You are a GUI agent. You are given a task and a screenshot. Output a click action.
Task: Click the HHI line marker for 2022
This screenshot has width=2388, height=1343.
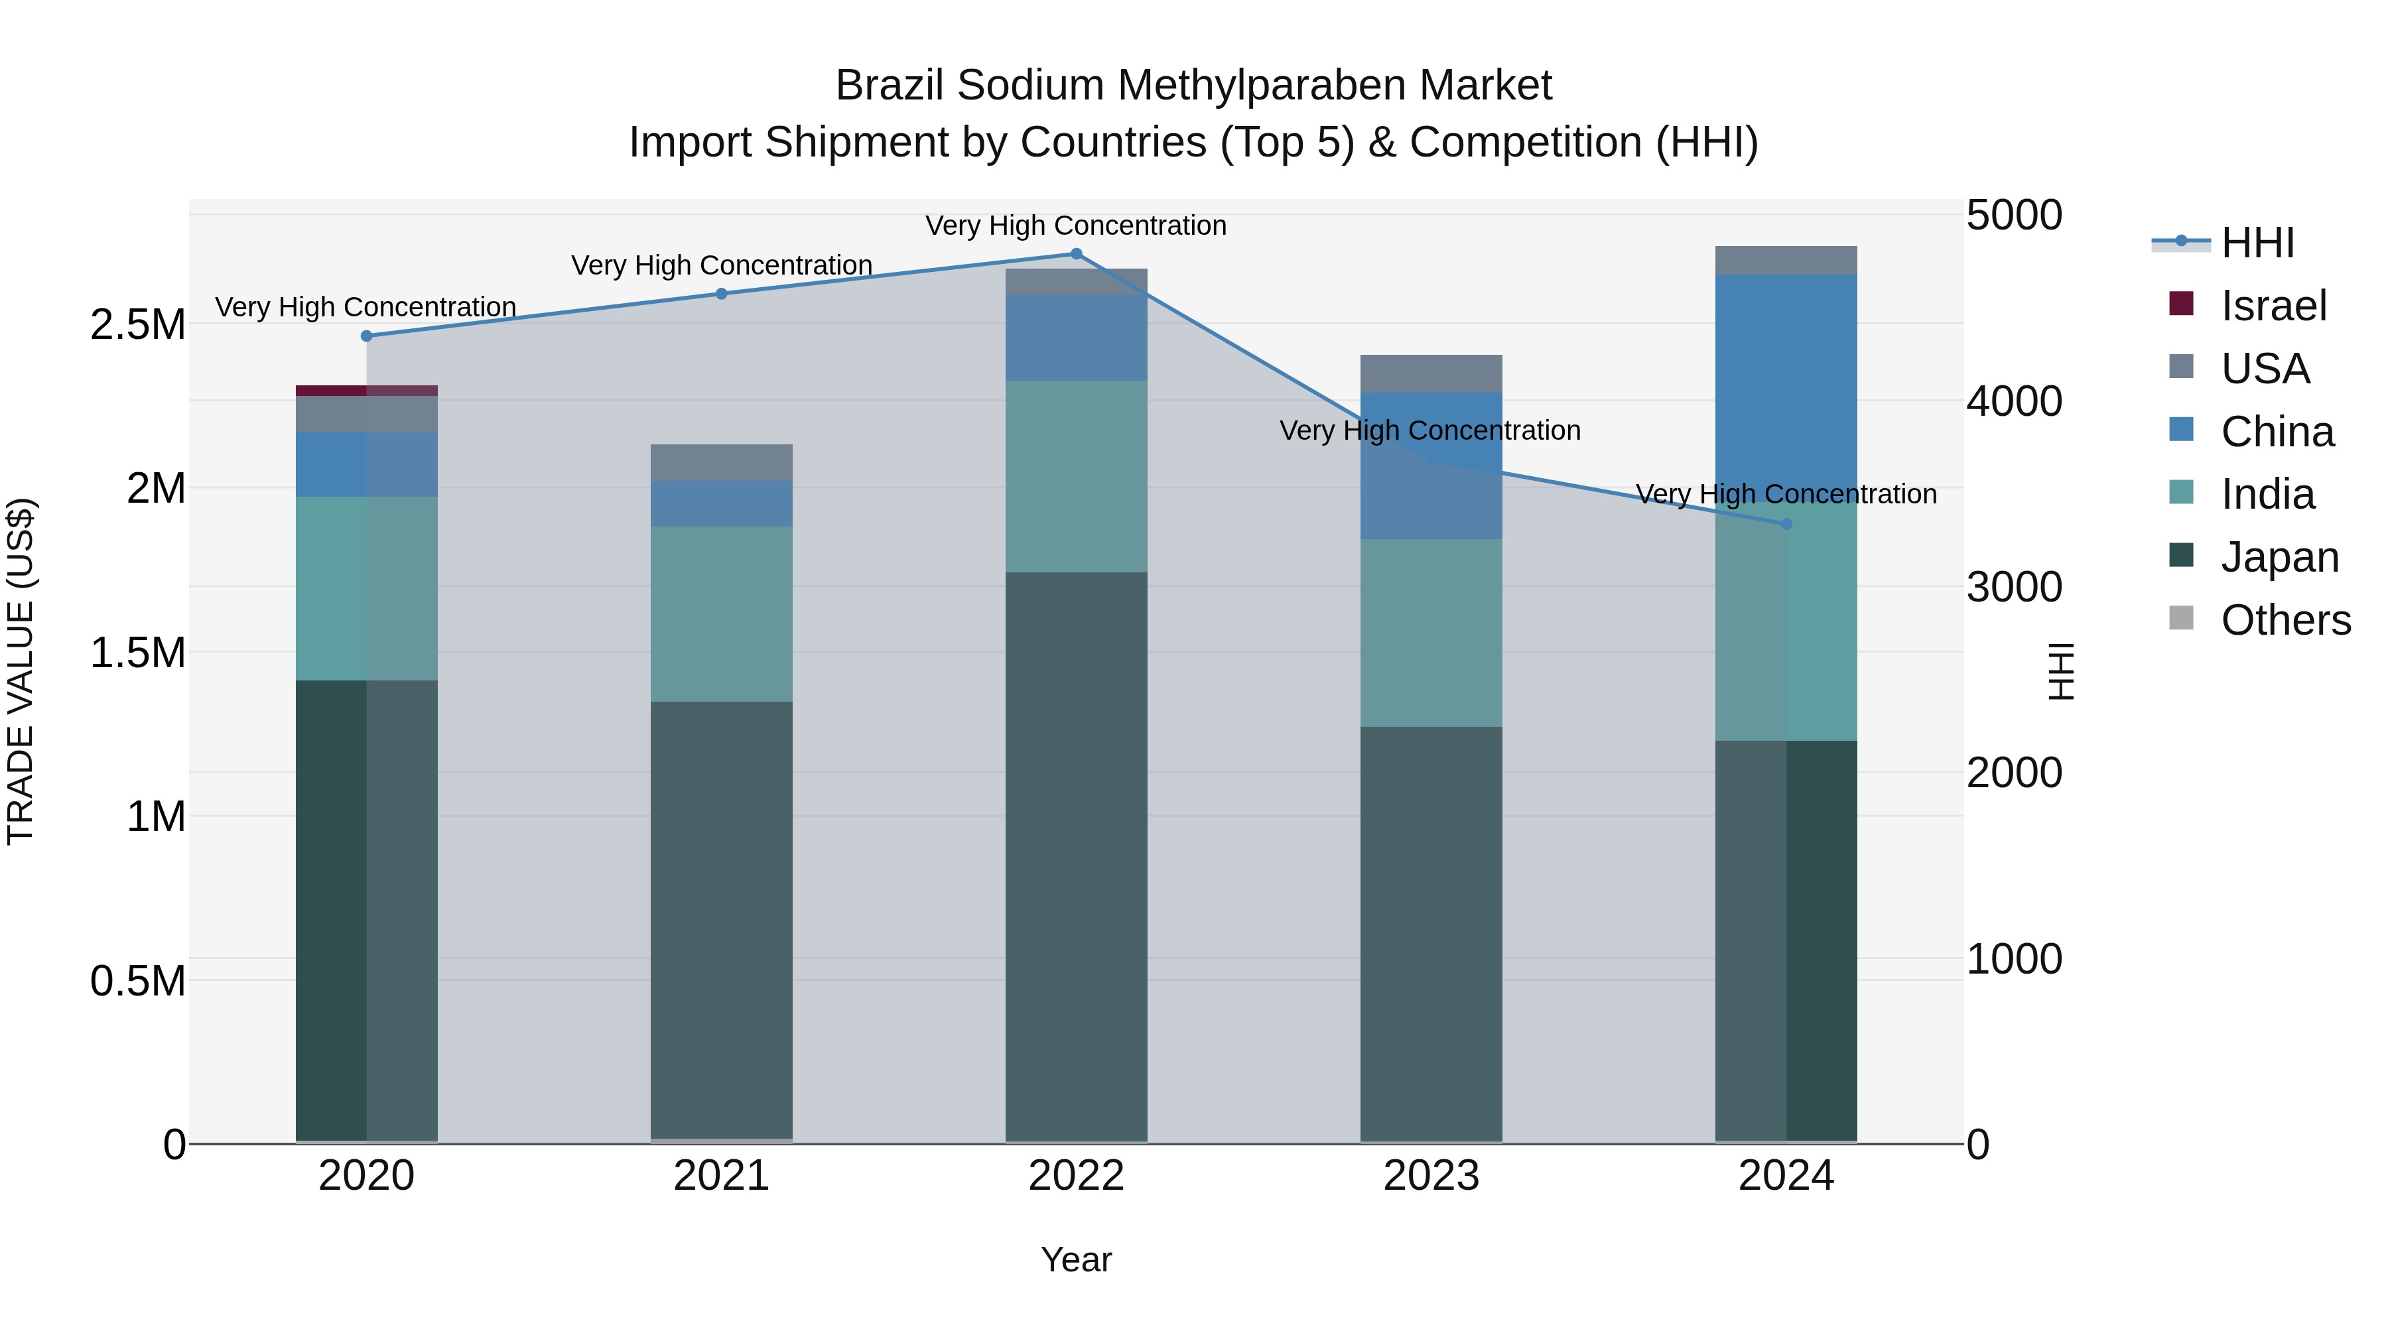[1077, 254]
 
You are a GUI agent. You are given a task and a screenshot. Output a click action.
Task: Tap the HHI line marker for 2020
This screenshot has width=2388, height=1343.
[366, 336]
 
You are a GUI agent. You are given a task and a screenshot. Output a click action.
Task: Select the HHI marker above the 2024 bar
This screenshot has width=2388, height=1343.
[1786, 525]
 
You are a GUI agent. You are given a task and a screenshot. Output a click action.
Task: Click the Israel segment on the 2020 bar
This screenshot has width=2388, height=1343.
[366, 390]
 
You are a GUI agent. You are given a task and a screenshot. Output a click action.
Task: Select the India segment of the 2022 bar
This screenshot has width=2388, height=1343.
[1077, 476]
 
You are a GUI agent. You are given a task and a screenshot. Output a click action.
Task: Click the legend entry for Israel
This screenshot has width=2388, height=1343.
[2273, 306]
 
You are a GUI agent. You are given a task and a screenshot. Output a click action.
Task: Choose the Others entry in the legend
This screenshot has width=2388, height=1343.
[2285, 620]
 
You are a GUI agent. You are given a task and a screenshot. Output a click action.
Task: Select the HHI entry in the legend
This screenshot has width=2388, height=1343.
[2257, 243]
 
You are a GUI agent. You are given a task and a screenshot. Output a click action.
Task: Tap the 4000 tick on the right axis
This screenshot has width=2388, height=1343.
[2013, 401]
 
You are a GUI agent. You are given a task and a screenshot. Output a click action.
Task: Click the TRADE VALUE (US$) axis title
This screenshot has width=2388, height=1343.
[21, 671]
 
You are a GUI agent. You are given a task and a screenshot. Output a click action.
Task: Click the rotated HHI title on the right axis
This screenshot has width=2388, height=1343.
[2061, 671]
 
